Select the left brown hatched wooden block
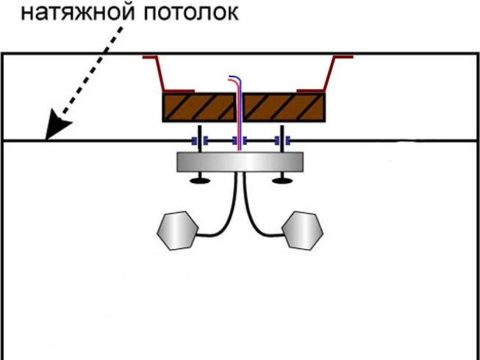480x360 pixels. pyautogui.click(x=199, y=107)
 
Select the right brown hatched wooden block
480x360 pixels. pyautogui.click(x=284, y=107)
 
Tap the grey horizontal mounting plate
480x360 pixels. pyautogui.click(x=240, y=162)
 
